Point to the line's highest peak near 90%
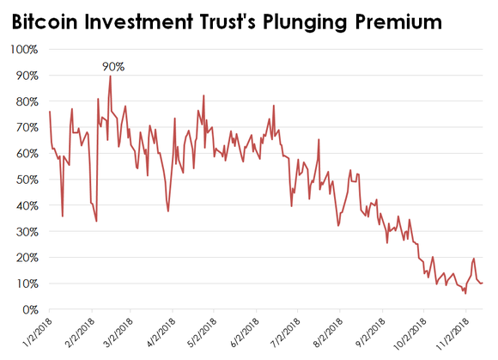point(111,76)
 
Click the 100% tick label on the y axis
point(23,49)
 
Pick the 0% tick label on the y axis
point(29,309)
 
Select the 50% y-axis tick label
point(26,180)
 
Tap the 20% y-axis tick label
point(26,258)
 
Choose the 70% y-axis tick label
point(26,127)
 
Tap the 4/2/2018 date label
point(165,333)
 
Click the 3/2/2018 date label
point(120,333)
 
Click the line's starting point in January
point(50,112)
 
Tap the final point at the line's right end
point(483,283)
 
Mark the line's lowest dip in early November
point(465,294)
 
